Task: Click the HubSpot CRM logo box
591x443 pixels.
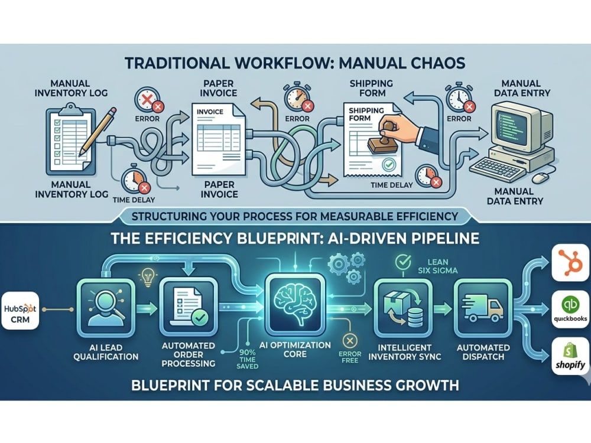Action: [x=20, y=311]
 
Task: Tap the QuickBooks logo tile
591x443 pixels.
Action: [x=571, y=309]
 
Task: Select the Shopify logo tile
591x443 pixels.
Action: [x=571, y=356]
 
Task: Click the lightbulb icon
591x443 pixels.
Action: [x=147, y=277]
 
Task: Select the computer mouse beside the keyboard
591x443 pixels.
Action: [x=540, y=177]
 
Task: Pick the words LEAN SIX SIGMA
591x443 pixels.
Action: [x=437, y=266]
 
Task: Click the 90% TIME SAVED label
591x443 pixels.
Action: [x=248, y=359]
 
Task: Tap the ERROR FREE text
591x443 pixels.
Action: [x=350, y=357]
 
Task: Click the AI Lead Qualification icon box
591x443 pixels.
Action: [x=106, y=310]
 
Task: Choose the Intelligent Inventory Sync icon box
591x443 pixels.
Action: [x=403, y=309]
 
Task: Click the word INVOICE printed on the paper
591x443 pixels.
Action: [x=210, y=112]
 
